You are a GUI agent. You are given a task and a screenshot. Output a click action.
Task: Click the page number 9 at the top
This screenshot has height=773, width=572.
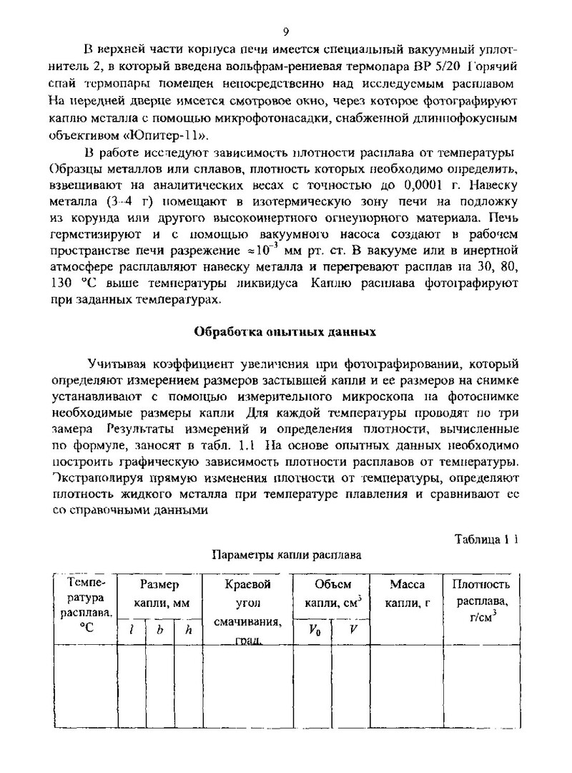click(286, 32)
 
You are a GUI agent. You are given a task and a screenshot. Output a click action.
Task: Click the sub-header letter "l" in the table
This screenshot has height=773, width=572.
click(132, 630)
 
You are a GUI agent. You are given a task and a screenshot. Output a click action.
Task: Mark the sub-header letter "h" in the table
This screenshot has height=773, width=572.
click(188, 630)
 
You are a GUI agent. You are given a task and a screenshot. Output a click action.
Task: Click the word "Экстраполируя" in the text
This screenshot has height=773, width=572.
click(90, 476)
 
